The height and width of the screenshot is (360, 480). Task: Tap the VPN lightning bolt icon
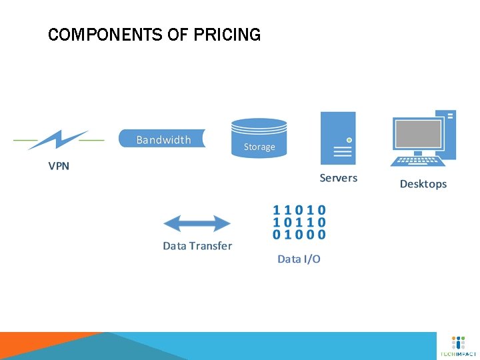(x=58, y=140)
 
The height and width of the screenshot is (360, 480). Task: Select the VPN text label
(x=59, y=166)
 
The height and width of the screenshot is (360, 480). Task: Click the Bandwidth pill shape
(x=162, y=139)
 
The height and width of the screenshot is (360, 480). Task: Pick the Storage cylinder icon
(x=259, y=138)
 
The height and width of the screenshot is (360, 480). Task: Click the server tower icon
(x=338, y=137)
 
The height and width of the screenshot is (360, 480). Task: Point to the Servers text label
(x=338, y=178)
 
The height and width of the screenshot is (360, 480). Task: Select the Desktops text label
(x=423, y=184)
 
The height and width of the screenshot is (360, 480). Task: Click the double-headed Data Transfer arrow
(x=197, y=223)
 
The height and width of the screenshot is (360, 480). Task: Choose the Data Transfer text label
(x=197, y=246)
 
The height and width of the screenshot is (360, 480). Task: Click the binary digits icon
(x=299, y=222)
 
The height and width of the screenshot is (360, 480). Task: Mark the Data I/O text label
(x=299, y=259)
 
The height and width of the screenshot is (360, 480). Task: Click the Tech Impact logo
(x=459, y=346)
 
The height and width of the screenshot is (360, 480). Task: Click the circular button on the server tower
(x=349, y=140)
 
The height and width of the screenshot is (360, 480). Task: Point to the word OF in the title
(x=178, y=35)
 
